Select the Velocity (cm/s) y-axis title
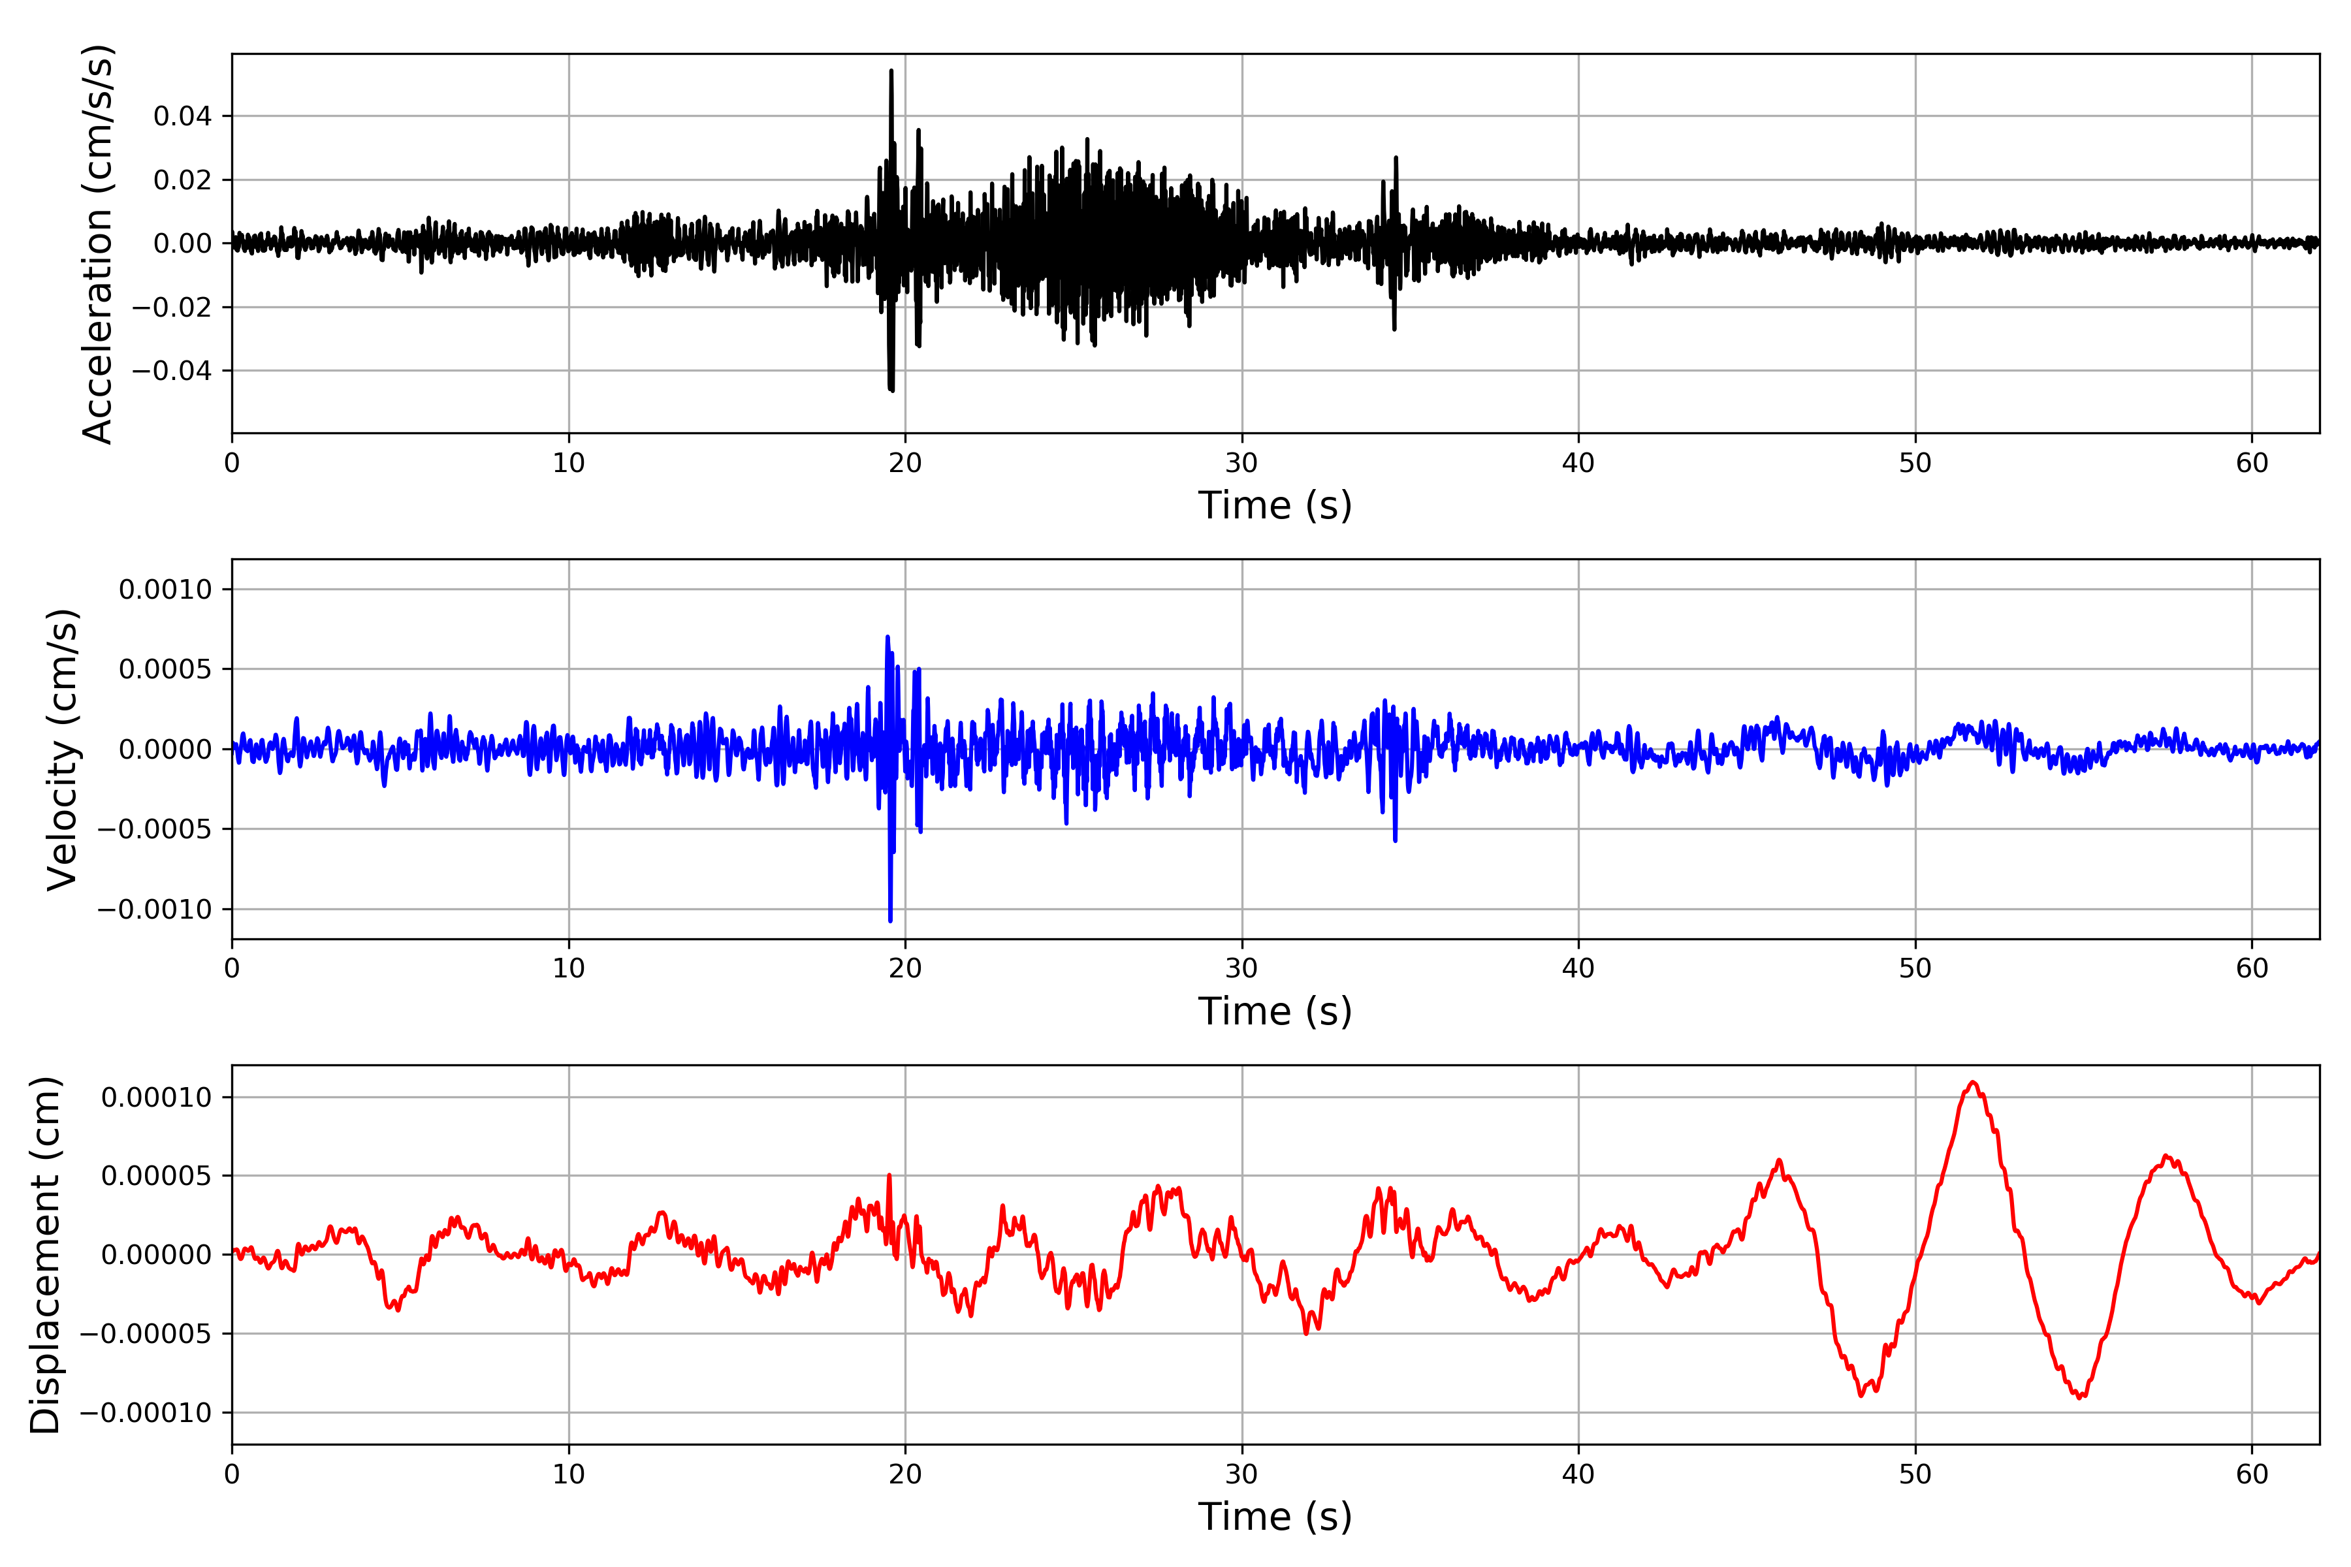pos(62,750)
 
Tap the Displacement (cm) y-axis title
pos(45,1255)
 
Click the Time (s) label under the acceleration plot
pos(1275,505)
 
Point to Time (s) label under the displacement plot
pos(1275,1517)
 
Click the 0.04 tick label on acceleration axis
pos(182,116)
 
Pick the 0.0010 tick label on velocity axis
pos(165,590)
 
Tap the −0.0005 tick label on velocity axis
pos(155,829)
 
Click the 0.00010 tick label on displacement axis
pos(156,1098)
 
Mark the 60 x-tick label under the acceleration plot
pos(2252,463)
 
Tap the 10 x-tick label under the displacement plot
pos(569,1474)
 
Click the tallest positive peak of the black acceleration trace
pos(891,71)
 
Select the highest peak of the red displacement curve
pos(1973,1083)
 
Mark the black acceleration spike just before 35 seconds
pos(1396,158)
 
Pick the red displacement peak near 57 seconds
pos(2165,1156)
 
